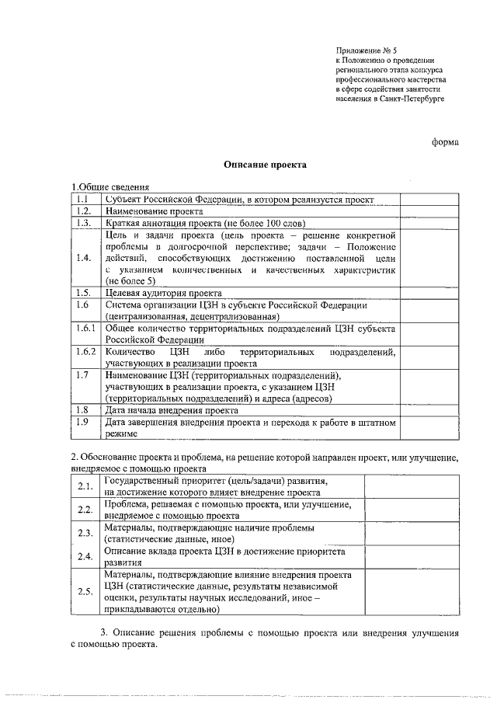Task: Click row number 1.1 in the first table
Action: click(x=86, y=199)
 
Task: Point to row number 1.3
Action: click(x=86, y=222)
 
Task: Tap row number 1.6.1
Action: click(x=86, y=329)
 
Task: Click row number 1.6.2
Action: click(x=86, y=352)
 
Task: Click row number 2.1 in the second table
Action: click(x=85, y=486)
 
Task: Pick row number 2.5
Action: click(x=85, y=591)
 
